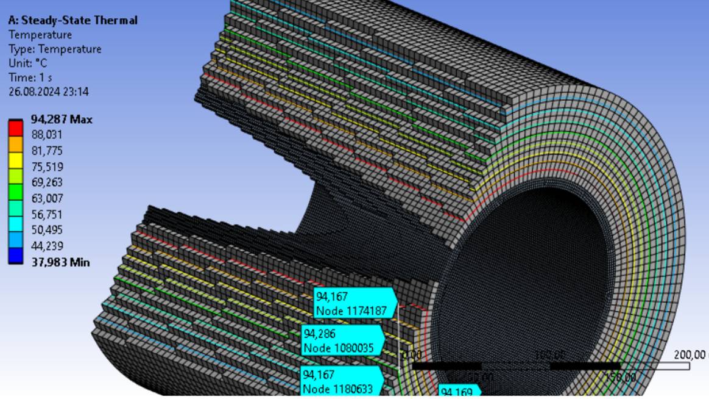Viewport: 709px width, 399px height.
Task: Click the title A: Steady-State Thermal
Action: (72, 20)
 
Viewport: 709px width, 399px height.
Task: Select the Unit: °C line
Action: (29, 63)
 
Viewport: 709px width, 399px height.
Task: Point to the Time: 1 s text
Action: (30, 77)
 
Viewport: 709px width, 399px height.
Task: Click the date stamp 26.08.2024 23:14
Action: (49, 92)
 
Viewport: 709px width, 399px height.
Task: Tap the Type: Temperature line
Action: (54, 49)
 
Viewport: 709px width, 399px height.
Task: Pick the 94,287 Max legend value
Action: (62, 120)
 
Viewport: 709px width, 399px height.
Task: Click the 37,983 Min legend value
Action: (60, 262)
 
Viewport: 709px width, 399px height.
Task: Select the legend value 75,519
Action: (48, 167)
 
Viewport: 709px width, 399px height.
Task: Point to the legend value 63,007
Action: (48, 198)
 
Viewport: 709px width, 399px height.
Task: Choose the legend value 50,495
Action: (48, 230)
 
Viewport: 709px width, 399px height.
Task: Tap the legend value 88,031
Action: (48, 135)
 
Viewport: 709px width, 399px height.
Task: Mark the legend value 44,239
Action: (48, 246)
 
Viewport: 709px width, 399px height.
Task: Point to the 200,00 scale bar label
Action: (691, 355)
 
